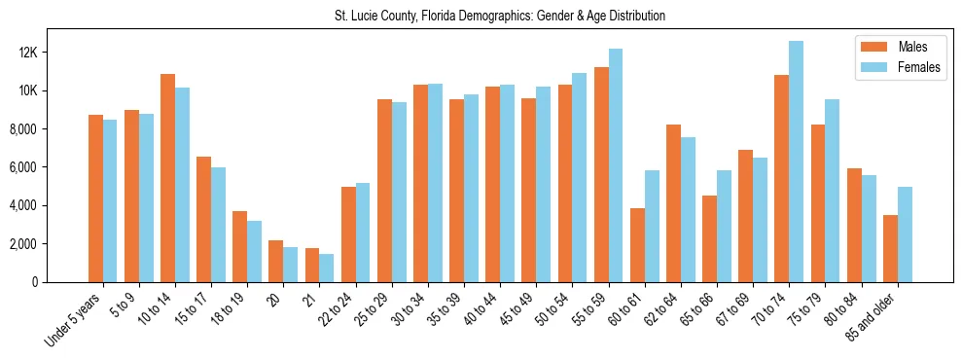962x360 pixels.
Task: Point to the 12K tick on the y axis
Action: point(52,53)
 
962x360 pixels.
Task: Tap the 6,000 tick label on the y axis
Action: point(47,167)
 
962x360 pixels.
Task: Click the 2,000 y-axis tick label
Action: point(47,244)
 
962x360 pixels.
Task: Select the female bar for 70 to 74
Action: point(796,162)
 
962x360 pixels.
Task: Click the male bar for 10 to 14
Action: point(167,178)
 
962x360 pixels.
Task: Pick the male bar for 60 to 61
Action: point(637,245)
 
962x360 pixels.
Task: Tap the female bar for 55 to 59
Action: point(615,165)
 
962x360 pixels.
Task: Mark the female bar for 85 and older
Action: point(905,234)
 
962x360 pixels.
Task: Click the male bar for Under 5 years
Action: point(95,198)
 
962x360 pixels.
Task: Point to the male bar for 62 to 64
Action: point(673,203)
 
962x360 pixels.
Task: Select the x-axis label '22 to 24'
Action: point(342,310)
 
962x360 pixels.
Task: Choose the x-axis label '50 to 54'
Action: point(558,310)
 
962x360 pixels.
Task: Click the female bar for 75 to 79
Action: point(832,191)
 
